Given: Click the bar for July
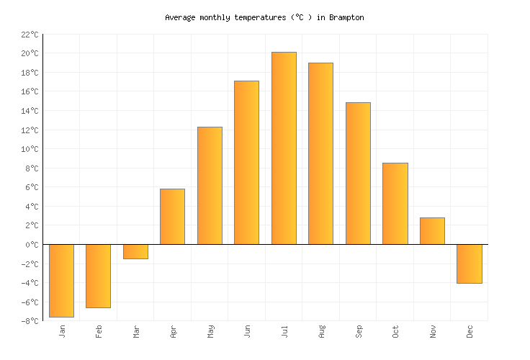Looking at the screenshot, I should tap(284, 148).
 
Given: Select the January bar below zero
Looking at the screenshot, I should tap(61, 281).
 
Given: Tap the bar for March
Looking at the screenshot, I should tap(135, 251).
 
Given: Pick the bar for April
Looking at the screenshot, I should tap(172, 217).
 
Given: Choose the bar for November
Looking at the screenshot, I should tap(432, 231).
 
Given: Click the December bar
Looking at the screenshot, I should tap(470, 264).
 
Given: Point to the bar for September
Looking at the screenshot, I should tap(358, 174).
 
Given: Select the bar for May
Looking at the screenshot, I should tap(210, 186).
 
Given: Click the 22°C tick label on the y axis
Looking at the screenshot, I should tap(30, 35).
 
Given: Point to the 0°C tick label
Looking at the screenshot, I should tap(32, 245).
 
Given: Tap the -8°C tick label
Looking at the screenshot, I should tap(30, 321).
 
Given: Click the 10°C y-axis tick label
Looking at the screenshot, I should tap(30, 149).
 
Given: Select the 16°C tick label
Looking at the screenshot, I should tap(30, 92).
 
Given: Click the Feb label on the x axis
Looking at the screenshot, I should tap(99, 331).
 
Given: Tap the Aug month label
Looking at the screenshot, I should tap(321, 331).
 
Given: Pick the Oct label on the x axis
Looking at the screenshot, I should tap(395, 331).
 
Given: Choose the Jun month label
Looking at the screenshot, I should tap(247, 331).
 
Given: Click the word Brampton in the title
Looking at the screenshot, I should tap(346, 17).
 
